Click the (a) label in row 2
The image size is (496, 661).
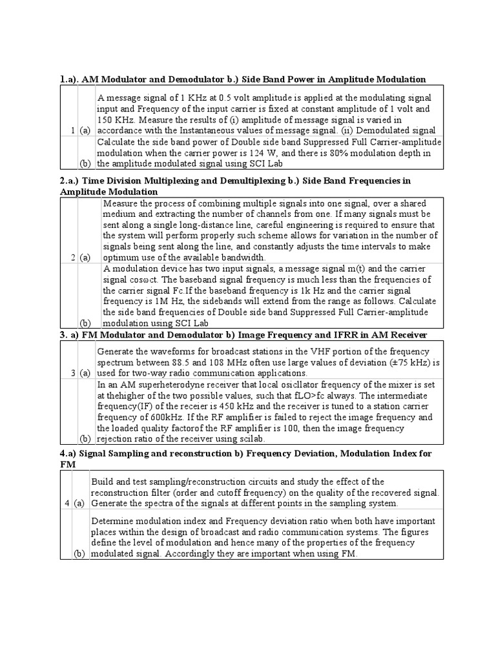click(85, 258)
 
